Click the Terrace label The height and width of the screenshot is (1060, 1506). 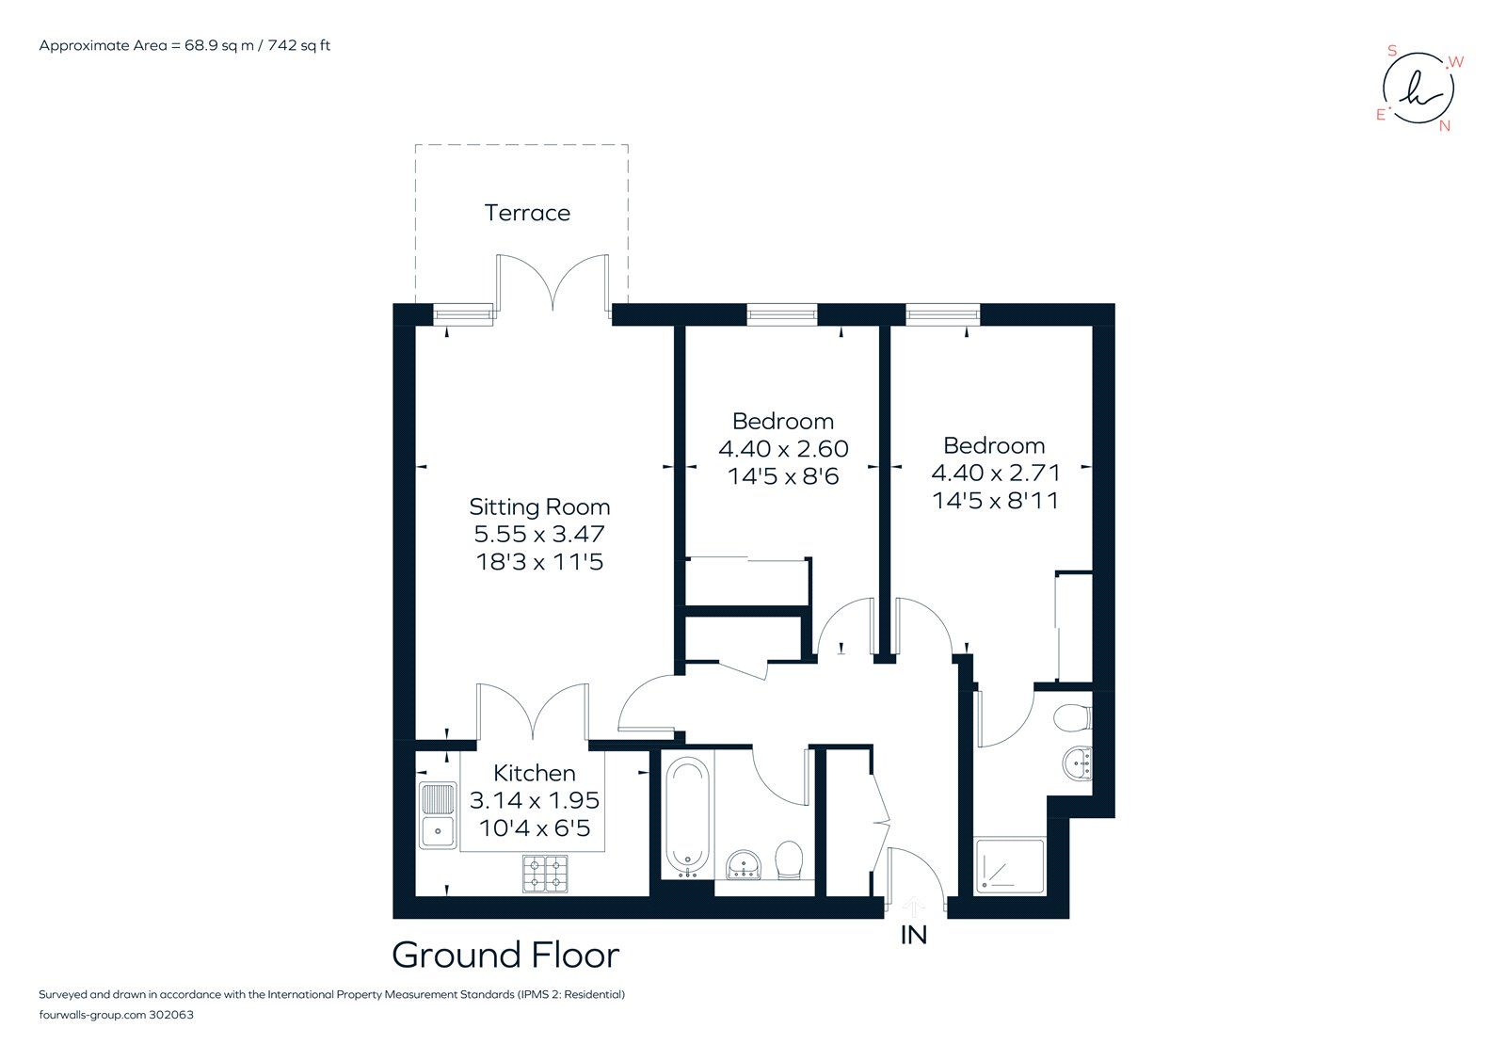click(527, 213)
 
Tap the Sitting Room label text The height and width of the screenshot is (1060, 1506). click(539, 506)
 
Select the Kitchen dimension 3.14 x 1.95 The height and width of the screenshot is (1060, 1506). click(534, 800)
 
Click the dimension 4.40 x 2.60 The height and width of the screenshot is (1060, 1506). click(783, 449)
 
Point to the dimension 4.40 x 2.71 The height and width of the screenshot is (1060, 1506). click(995, 473)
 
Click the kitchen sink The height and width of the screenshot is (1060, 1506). click(438, 815)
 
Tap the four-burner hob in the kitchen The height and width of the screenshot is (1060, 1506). click(545, 874)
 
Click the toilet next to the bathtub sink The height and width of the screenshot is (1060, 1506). click(789, 859)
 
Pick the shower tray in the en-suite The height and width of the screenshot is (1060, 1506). click(1010, 866)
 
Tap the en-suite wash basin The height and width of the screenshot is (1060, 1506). click(1079, 763)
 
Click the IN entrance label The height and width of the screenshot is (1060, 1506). click(914, 935)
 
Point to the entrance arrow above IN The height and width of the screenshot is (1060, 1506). click(914, 907)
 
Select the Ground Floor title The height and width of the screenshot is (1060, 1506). click(505, 955)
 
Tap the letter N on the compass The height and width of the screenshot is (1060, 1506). click(1445, 126)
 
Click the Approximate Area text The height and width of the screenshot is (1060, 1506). click(184, 45)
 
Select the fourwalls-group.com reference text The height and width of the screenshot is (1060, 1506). click(116, 1015)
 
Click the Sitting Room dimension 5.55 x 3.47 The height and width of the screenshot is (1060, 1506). click(539, 534)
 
